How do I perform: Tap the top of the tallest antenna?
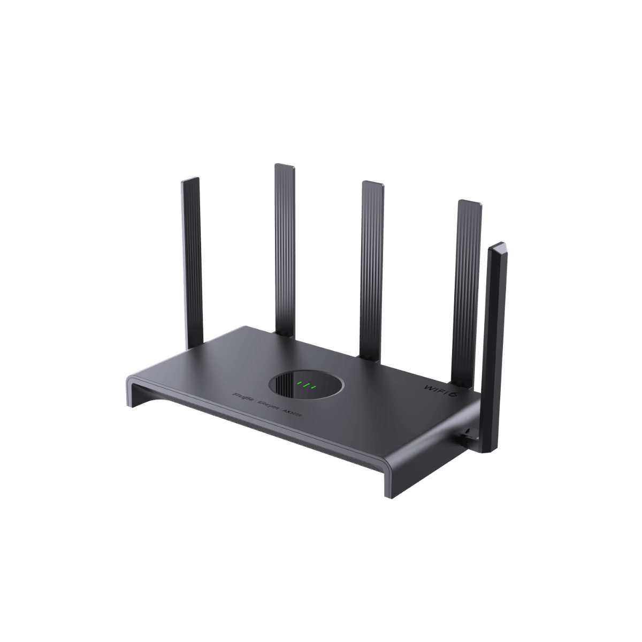click(284, 167)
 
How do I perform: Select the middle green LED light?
click(307, 385)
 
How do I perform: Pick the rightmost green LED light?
click(315, 387)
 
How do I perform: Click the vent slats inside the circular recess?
click(284, 388)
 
